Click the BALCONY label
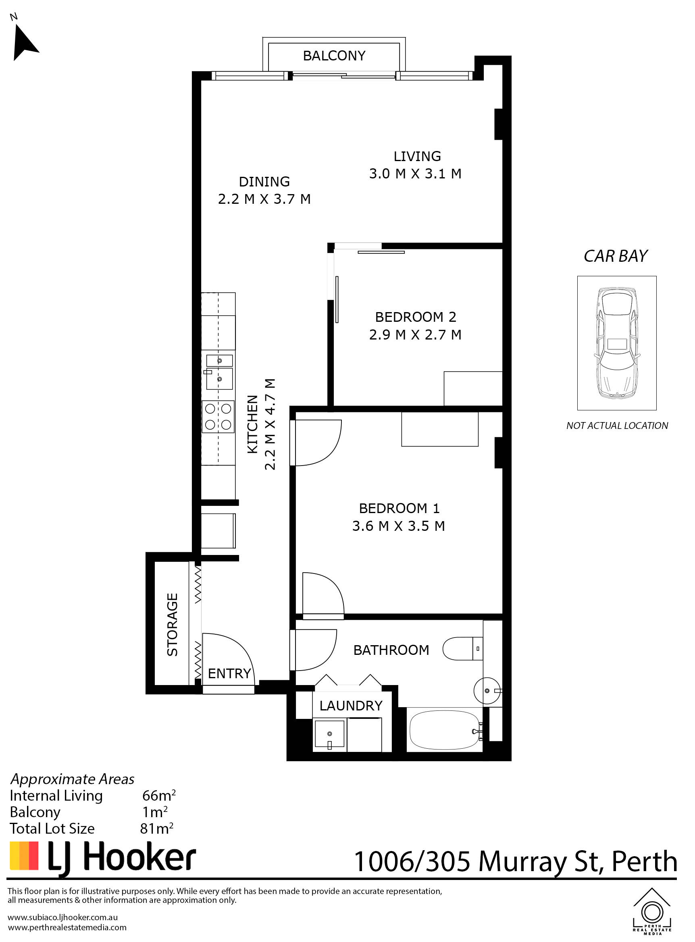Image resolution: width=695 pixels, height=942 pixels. [334, 56]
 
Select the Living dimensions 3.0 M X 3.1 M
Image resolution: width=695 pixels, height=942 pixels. [415, 174]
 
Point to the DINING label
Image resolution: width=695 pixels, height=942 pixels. [264, 182]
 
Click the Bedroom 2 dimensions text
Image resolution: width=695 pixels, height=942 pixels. [415, 335]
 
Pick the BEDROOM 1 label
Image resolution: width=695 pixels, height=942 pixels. [399, 508]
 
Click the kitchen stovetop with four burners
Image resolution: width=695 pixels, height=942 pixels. [218, 416]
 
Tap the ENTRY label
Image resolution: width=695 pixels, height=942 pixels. [229, 673]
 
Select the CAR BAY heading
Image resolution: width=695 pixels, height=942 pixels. [616, 256]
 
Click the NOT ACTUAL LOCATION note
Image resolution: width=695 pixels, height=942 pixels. [617, 425]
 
